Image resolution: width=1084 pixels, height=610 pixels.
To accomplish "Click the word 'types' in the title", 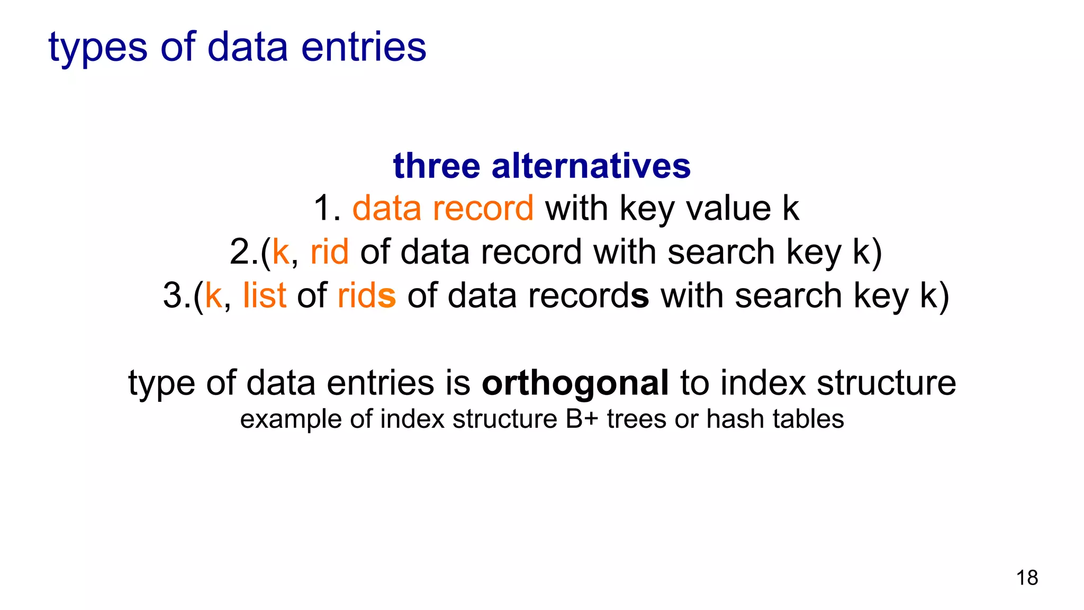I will [98, 48].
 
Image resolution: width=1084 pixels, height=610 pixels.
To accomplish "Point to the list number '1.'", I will [327, 208].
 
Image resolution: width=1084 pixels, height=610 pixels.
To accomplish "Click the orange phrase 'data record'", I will [443, 208].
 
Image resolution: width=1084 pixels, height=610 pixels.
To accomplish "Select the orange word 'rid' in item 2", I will [329, 252].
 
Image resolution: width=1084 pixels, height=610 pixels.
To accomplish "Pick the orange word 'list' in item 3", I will [265, 295].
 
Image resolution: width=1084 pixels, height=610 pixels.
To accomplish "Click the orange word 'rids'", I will [366, 295].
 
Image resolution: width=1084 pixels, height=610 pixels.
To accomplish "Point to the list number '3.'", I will [177, 295].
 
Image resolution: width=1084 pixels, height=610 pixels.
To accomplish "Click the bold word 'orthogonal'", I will [575, 382].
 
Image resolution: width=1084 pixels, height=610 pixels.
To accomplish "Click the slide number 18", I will [1027, 578].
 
